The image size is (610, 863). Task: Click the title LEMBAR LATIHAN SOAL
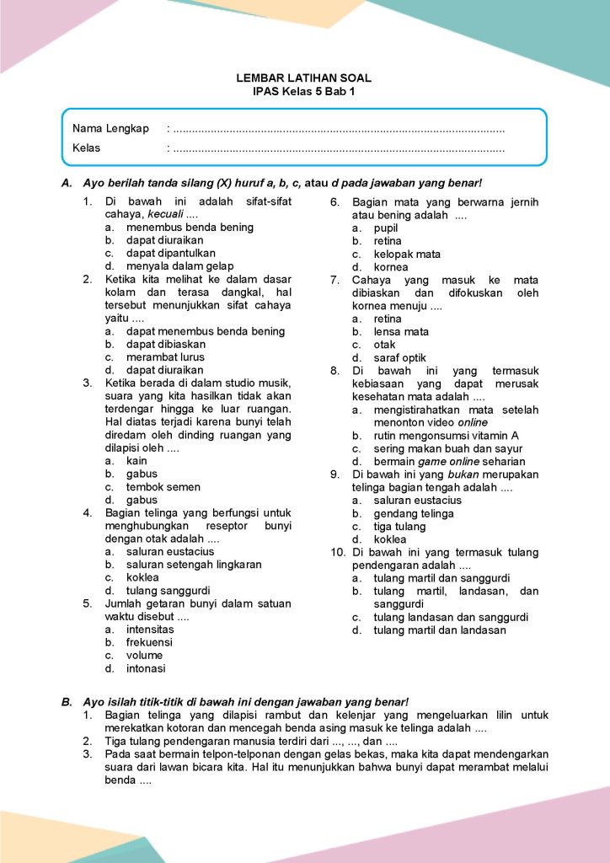click(x=304, y=78)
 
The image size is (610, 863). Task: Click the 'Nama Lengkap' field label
click(x=110, y=129)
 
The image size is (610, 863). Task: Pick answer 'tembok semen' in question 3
click(x=163, y=486)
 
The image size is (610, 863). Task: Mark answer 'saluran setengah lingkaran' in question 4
click(x=194, y=565)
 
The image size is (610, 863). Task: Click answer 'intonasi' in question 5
click(x=146, y=668)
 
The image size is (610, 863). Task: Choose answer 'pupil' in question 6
click(x=386, y=228)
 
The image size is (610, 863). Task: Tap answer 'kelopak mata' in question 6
click(x=407, y=254)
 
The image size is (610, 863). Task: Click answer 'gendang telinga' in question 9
click(x=414, y=513)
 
